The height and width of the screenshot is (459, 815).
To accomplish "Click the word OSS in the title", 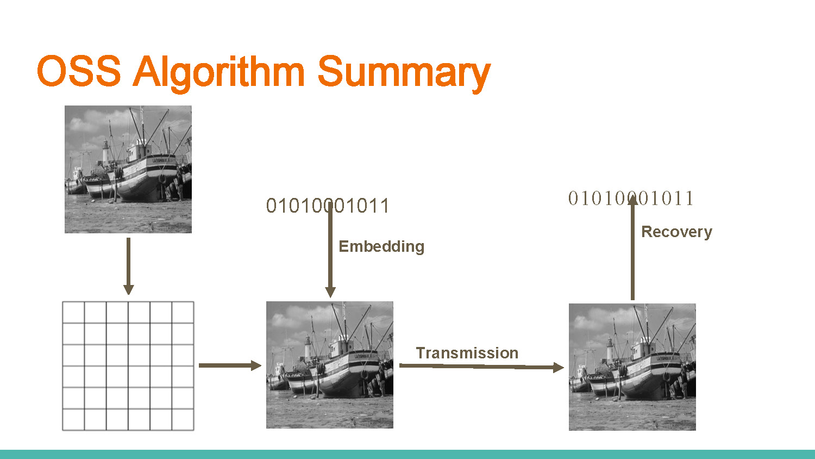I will [x=79, y=71].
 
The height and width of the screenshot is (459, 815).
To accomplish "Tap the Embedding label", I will [x=381, y=246].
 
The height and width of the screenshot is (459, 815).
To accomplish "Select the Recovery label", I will [x=676, y=232].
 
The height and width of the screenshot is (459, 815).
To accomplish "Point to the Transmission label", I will [x=467, y=353].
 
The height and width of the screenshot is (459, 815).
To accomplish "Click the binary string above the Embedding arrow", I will [x=328, y=206].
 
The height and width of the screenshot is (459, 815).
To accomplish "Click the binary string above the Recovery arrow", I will [x=631, y=199].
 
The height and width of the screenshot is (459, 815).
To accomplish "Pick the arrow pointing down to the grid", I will [x=128, y=266].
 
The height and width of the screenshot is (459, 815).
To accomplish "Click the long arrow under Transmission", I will [x=481, y=367].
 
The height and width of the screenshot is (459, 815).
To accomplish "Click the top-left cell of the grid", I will [x=74, y=313].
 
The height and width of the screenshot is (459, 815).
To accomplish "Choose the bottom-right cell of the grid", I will [x=183, y=419].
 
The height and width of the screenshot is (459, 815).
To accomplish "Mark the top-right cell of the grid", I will [x=183, y=313].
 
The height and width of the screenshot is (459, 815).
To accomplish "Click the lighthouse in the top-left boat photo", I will [x=105, y=152].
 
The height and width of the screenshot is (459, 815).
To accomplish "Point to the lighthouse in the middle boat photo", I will [x=308, y=348].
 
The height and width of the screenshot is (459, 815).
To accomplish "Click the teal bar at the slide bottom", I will [x=407, y=454].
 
